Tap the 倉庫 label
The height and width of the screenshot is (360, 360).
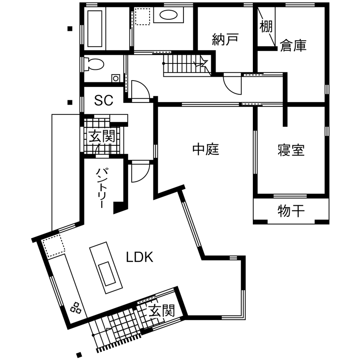pos(294,46)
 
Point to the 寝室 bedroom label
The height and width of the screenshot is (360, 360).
pos(291,150)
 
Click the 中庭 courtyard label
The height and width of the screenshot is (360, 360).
pos(206,150)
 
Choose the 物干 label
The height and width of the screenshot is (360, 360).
pos(291,211)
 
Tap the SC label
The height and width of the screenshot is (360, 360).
pos(104,101)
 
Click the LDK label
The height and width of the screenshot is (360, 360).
pos(140,257)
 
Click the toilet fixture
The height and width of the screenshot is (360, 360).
pos(94,64)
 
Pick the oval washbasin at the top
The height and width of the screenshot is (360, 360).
pos(168,16)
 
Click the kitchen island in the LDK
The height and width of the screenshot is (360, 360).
pos(105,267)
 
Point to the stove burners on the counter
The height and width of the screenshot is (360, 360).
pos(76,307)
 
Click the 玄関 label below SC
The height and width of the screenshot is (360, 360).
pos(102,137)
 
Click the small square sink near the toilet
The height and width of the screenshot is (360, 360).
pos(115,78)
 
